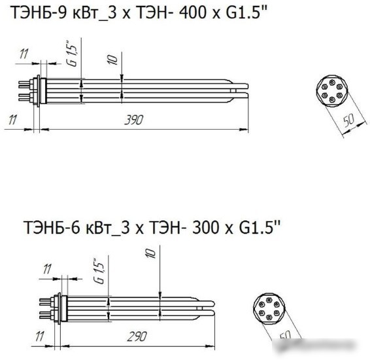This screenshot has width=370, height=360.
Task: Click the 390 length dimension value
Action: coord(134,120)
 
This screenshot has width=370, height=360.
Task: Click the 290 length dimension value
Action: coord(137,336)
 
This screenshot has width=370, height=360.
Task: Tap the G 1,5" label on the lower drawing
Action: coord(99,271)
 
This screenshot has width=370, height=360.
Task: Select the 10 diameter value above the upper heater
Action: coord(112,60)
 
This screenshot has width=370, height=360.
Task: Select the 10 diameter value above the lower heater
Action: coord(151,253)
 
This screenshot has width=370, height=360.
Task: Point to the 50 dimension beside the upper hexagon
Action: coord(348,120)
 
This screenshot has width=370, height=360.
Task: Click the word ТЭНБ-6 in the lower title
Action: coord(52,227)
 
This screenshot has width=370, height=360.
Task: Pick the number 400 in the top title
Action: coord(193,12)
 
